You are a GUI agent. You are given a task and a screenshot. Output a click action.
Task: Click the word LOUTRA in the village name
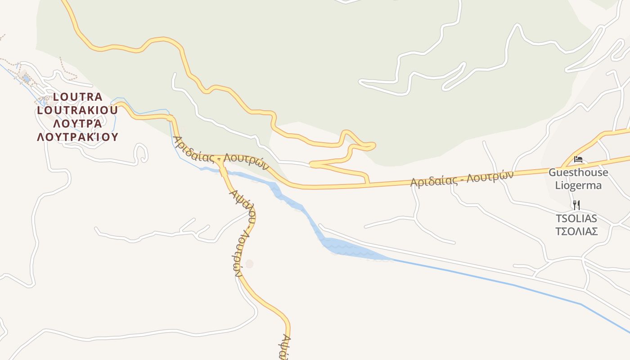(x=78, y=97)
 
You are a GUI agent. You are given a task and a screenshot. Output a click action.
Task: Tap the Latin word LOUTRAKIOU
(x=78, y=110)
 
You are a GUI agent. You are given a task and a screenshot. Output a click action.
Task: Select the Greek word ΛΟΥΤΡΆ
(x=78, y=123)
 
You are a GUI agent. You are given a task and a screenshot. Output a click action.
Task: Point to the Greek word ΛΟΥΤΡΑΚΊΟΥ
(x=78, y=137)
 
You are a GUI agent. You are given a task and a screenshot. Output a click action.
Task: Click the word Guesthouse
(x=578, y=172)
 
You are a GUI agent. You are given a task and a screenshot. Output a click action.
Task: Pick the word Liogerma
(x=578, y=185)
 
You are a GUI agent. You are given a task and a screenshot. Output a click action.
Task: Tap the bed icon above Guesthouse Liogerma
(x=578, y=159)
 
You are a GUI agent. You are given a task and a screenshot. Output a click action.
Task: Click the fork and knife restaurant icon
(x=576, y=205)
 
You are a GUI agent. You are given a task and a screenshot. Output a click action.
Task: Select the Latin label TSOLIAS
(x=576, y=219)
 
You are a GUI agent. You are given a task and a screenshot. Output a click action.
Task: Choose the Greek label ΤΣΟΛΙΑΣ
(x=576, y=231)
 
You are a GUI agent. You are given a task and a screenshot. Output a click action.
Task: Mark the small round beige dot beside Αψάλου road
(x=249, y=264)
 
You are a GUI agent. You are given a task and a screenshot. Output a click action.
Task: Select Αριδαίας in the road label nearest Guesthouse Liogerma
(x=434, y=181)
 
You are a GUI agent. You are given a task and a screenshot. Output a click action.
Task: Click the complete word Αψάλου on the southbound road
(x=243, y=205)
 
